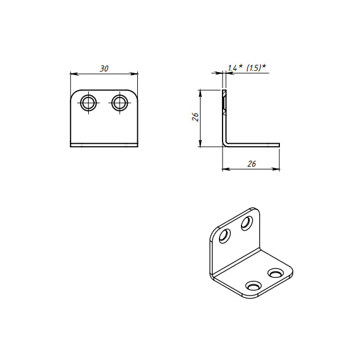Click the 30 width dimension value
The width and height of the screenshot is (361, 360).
pos(104,69)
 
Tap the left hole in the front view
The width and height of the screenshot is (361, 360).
pos(89,102)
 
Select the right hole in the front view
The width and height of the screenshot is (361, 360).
pos(120,102)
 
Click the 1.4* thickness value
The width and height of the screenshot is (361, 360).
pos(235,68)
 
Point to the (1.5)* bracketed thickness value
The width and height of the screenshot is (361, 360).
pos(256,68)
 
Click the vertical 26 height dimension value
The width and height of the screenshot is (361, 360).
pos(195,117)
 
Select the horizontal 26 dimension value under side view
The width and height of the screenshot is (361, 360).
pos(252,164)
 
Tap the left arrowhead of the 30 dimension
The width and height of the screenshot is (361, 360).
pos(73,74)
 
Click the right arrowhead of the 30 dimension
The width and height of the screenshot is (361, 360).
pos(134,74)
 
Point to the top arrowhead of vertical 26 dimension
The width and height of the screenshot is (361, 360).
pos(200,93)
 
